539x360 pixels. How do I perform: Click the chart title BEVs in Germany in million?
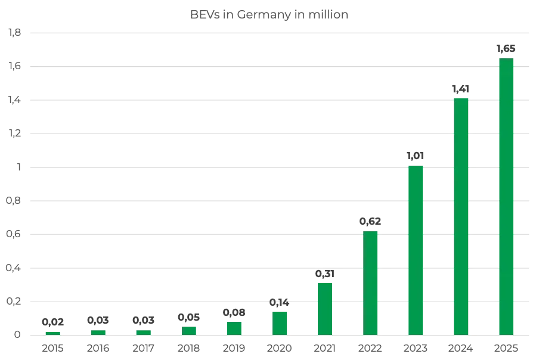269,15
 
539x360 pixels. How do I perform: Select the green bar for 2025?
506,196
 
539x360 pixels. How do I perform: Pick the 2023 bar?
416,250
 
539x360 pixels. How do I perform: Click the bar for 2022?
370,283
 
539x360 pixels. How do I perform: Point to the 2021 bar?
325,309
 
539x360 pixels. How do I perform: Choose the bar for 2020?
280,323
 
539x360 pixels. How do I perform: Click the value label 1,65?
506,49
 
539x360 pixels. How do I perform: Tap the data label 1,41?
461,89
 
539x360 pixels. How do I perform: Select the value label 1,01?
416,156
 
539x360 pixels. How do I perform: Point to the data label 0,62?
370,221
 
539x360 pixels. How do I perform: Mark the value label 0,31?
325,274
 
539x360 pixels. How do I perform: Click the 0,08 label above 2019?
234,312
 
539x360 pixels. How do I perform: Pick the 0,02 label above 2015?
53,322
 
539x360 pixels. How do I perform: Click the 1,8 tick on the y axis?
14,33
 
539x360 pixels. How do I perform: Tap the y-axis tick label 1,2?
14,134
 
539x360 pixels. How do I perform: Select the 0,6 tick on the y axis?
14,234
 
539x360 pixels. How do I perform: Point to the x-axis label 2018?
189,348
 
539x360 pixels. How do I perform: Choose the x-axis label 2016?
98,348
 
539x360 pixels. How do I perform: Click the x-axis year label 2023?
416,348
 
